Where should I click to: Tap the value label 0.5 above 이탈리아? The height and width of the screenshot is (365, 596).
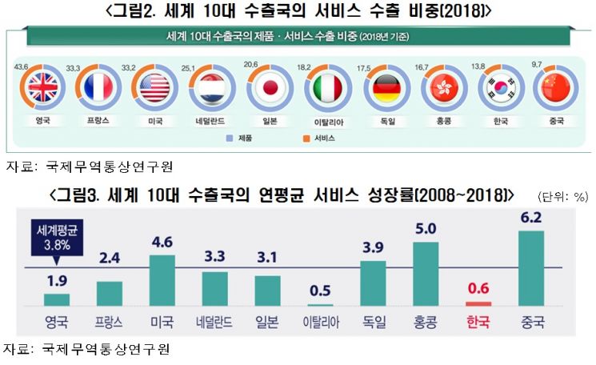coord(320,290)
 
